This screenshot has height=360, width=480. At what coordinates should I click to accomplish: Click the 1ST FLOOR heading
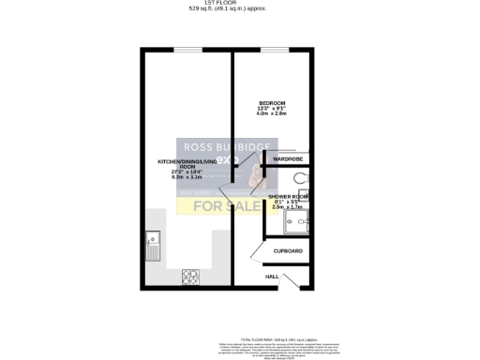239,5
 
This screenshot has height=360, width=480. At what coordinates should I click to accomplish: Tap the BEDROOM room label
272,101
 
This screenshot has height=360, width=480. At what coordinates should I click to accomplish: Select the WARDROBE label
287,159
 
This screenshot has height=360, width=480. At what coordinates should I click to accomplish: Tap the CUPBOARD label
288,251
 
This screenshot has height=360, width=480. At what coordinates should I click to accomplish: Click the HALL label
272,277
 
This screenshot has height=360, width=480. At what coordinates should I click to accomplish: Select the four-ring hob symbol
190,277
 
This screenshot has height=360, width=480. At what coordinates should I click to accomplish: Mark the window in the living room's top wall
187,49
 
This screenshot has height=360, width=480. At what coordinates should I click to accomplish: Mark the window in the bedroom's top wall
273,49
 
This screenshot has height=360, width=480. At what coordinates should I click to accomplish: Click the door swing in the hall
292,280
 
